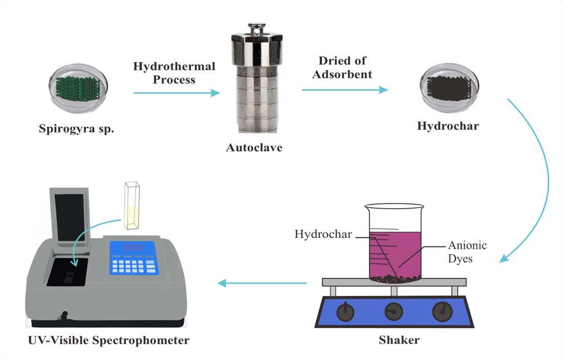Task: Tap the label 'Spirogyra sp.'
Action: coord(77,128)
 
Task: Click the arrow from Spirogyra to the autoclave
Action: coord(176,93)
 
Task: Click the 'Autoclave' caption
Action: coord(255,148)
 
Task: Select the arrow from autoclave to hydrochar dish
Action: coord(344,90)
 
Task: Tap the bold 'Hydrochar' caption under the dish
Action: coord(448,126)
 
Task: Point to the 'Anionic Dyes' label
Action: coord(467,252)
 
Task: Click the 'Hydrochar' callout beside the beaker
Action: coord(323,234)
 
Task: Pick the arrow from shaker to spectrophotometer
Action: coord(262,283)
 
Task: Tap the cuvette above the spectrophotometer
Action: coord(132,205)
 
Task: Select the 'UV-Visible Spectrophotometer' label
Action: coord(109,340)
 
